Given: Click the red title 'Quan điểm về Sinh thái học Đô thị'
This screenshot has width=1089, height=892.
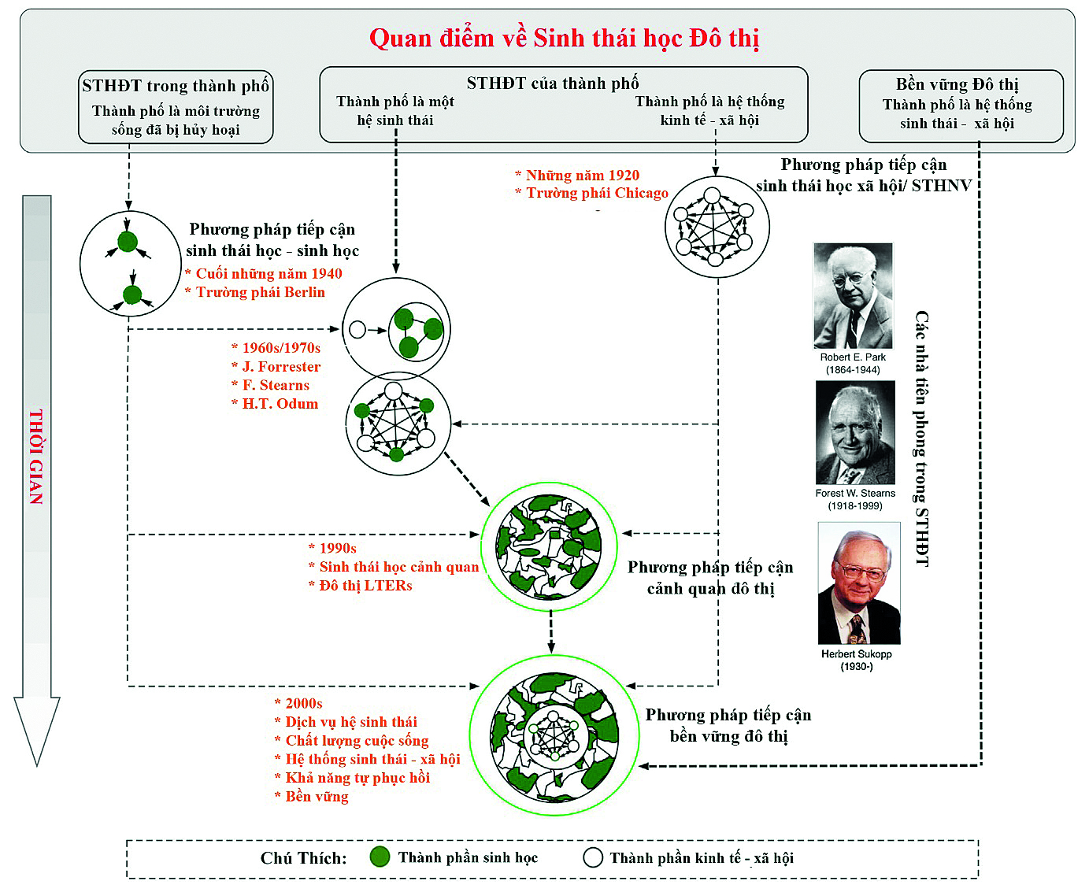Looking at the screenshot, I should tap(564, 38).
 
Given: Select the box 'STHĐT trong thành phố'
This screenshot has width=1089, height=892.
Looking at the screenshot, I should tap(176, 107).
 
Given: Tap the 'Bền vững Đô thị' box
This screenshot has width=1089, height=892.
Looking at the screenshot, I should tap(960, 105).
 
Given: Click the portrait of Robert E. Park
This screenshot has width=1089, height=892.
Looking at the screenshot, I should tap(853, 295).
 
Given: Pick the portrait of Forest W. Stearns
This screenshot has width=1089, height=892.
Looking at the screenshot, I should tap(855, 433).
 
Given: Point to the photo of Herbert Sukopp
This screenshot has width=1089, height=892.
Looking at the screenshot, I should tap(859, 583).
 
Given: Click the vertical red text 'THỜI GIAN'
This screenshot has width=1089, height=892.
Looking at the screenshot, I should tap(36, 457).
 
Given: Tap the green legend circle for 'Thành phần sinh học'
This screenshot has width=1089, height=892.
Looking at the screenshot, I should tap(380, 857).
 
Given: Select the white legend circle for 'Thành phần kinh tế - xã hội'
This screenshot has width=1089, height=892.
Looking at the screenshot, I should tap(593, 857).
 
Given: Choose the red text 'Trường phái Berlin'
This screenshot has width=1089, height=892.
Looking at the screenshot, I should tap(260, 292).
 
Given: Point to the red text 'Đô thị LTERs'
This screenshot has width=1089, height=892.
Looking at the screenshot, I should tap(365, 586).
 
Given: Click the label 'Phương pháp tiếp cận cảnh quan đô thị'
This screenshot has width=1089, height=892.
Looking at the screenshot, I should tap(710, 578).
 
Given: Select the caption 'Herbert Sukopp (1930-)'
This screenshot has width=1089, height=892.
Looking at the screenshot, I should tap(856, 661).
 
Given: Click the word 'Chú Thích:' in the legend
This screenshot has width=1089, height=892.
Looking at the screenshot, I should tap(303, 858).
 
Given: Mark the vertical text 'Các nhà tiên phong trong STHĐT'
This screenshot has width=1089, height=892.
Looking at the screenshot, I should tap(922, 438).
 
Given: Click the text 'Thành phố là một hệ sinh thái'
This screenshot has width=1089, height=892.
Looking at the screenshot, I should tap(395, 111).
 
